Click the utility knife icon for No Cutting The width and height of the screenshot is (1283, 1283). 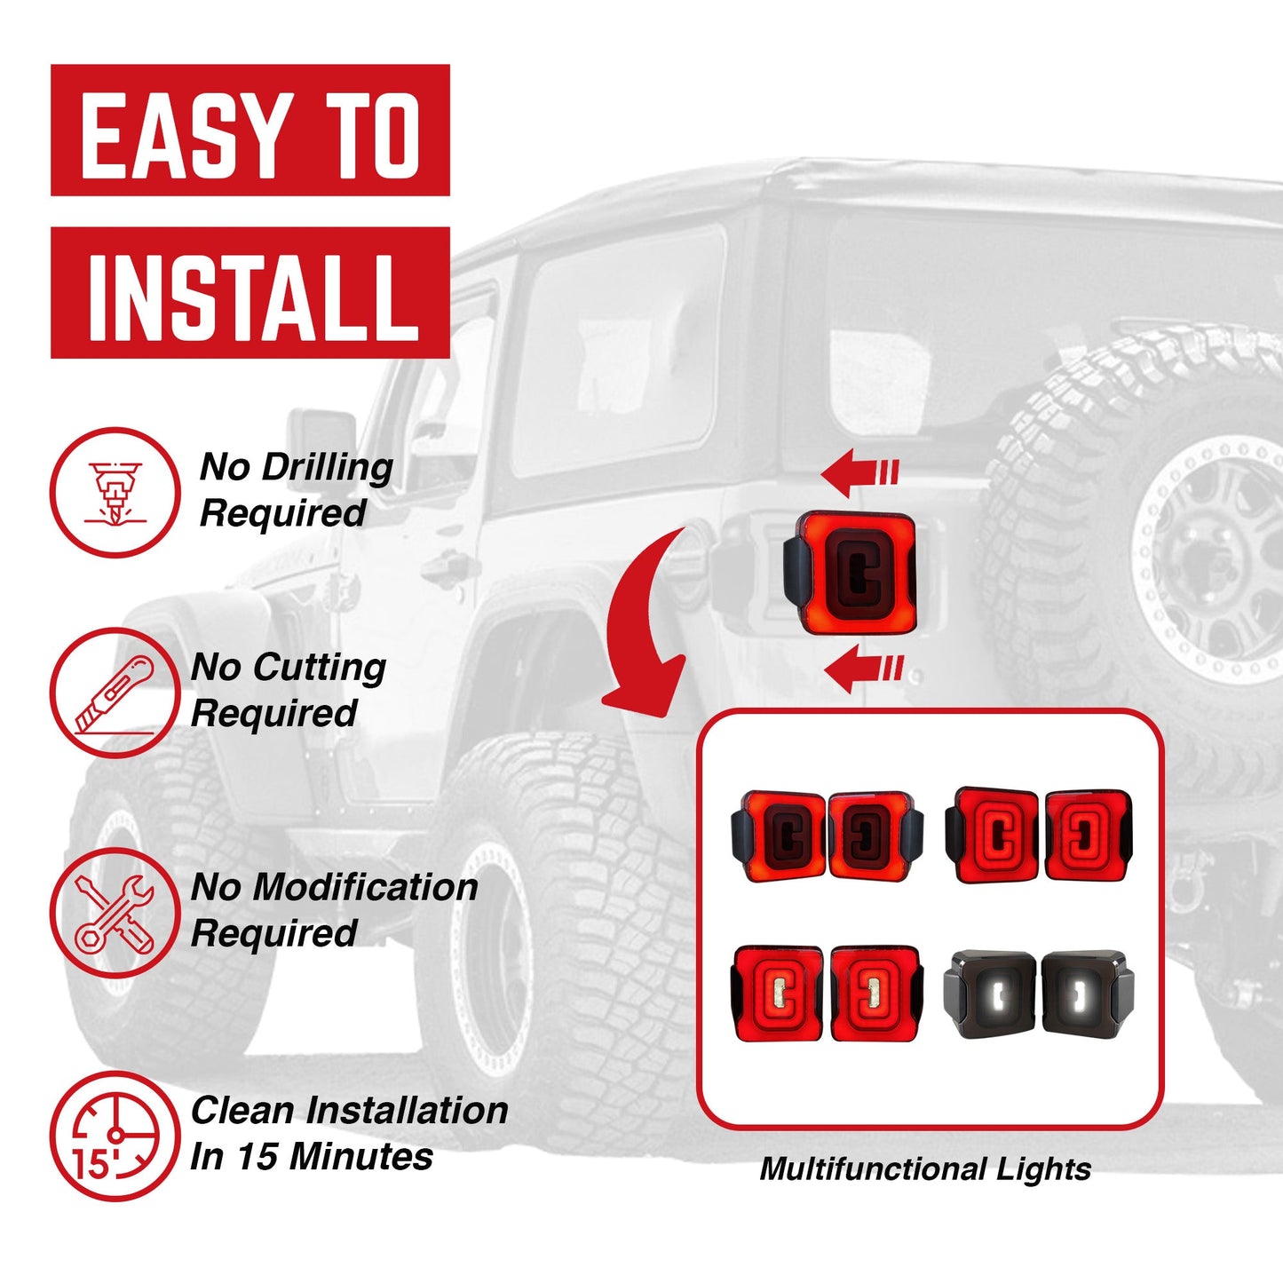click(x=115, y=693)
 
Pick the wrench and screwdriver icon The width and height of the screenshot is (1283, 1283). click(x=115, y=913)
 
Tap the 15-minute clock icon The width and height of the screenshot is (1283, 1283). click(x=115, y=1136)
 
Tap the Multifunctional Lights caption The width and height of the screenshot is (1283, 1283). click(x=924, y=1169)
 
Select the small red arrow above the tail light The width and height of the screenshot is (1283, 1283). click(x=859, y=471)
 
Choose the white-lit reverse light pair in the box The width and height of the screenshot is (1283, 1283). click(x=1038, y=993)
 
